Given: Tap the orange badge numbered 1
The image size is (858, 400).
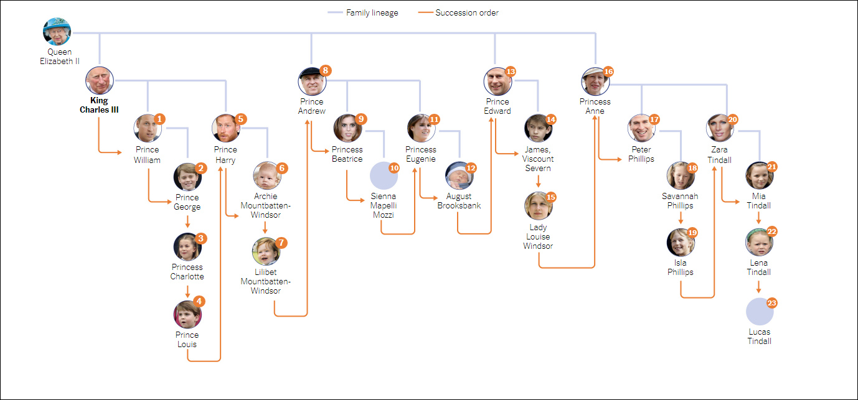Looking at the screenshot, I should [160, 119].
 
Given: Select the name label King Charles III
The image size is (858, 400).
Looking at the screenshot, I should [99, 105].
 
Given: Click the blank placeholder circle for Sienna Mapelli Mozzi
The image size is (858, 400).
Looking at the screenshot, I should [384, 176].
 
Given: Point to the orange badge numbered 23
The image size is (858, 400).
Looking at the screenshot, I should [772, 303].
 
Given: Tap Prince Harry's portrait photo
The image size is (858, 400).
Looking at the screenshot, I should [225, 129].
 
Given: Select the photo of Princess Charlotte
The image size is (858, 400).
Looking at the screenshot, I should [187, 247].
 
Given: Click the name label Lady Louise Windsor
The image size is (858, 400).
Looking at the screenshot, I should [539, 236].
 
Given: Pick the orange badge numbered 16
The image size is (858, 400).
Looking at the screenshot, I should [608, 72].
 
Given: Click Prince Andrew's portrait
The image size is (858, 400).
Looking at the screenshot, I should [312, 81].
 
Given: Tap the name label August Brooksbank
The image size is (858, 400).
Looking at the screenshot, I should [459, 201].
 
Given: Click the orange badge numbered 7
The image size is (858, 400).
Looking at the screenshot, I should [281, 242].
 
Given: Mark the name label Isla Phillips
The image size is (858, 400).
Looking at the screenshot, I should [681, 267].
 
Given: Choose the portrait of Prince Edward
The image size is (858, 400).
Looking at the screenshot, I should [497, 81].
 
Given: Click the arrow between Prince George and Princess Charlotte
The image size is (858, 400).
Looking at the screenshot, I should [187, 223].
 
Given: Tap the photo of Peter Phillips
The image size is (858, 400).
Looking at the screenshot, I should [641, 129].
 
